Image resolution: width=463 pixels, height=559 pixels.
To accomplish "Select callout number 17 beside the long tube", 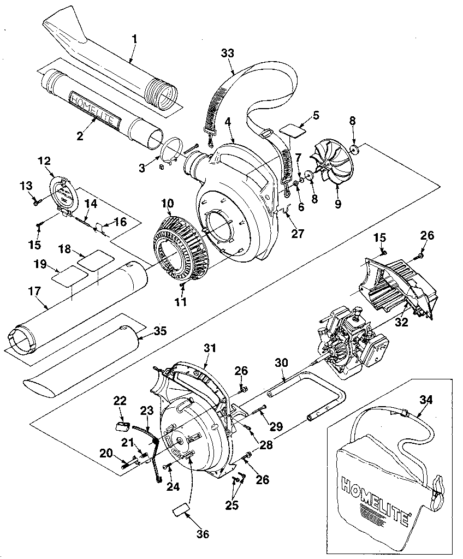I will click(34, 292).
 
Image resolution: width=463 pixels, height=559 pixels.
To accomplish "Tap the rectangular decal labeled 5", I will click(294, 132).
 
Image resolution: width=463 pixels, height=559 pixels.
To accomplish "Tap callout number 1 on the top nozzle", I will click(134, 39).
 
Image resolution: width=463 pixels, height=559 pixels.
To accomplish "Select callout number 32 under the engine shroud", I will click(401, 322).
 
